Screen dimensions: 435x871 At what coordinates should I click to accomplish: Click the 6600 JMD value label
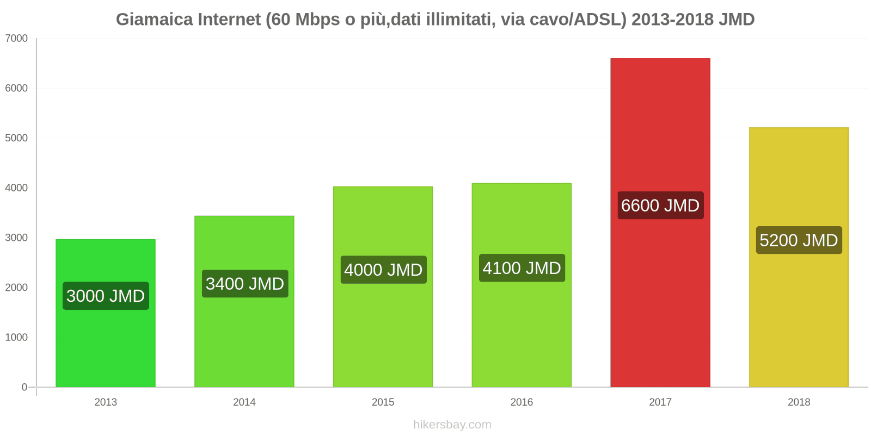pos(660,206)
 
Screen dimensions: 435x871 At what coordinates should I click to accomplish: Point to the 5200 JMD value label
pos(799,240)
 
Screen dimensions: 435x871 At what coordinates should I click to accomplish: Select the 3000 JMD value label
pos(106,296)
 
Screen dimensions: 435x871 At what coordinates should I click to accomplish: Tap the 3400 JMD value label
pos(244,284)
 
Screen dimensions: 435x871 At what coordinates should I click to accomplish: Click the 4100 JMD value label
pos(522,268)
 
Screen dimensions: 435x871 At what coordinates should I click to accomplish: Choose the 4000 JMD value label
pos(383,270)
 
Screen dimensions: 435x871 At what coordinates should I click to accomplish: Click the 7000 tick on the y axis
pos(16,39)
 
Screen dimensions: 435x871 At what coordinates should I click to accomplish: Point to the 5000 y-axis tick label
pos(16,138)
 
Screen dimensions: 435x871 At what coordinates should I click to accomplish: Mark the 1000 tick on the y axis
pos(16,338)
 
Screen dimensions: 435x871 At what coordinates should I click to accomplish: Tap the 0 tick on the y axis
pos(24,387)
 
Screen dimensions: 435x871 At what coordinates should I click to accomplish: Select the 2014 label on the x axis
pos(244,402)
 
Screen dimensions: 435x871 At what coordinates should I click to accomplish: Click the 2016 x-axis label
pos(522,402)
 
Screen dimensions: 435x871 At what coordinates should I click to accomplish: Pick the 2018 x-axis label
pos(799,402)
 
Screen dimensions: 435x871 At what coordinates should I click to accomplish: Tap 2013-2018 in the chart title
pos(672,20)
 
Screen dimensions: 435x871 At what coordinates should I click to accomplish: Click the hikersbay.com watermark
pos(452,425)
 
